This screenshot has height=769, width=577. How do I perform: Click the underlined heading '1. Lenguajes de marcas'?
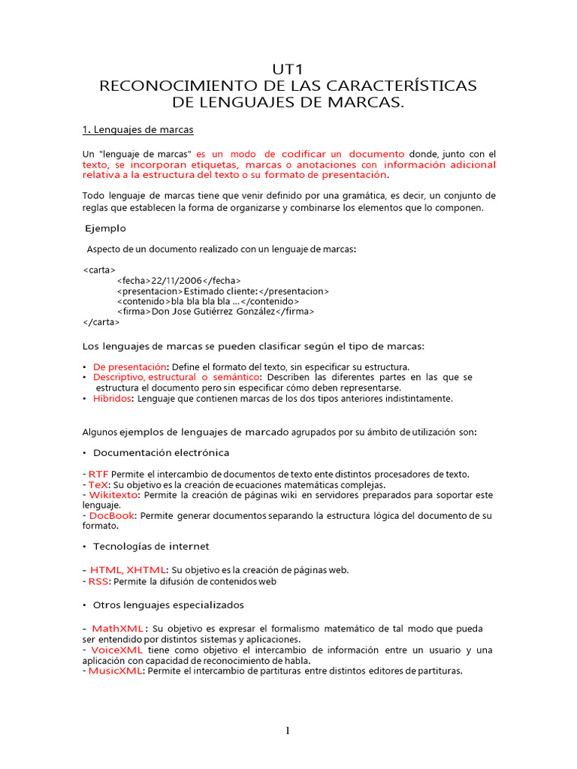tap(137, 129)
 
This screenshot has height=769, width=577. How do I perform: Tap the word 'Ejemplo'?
tap(105, 228)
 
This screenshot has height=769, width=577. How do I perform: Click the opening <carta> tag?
tap(98, 269)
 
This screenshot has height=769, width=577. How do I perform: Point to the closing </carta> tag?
tap(101, 321)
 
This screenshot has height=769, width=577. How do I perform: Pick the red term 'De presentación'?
tap(128, 366)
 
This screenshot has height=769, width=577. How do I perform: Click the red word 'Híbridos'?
tap(112, 399)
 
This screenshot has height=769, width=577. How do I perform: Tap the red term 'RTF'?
tap(98, 474)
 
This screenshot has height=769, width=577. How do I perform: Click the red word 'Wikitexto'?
tap(113, 495)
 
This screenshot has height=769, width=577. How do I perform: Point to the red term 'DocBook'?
tap(112, 516)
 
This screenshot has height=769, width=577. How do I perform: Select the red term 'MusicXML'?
tap(116, 671)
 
